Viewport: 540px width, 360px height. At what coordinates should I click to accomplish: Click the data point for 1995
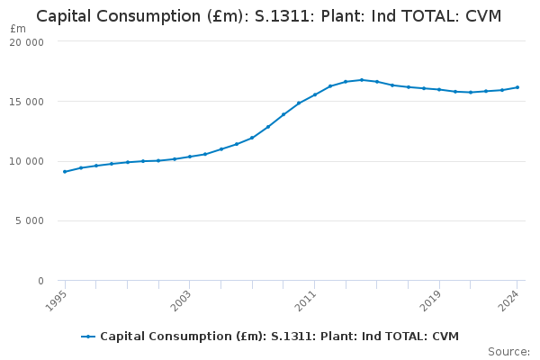pyautogui.click(x=65, y=172)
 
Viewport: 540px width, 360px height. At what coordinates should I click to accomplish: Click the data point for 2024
pyautogui.click(x=517, y=87)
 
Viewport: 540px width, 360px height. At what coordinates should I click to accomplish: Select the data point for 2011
pyautogui.click(x=315, y=94)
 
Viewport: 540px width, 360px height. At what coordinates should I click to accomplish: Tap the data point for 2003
pyautogui.click(x=190, y=157)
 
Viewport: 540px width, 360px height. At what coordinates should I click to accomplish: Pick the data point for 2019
pyautogui.click(x=439, y=90)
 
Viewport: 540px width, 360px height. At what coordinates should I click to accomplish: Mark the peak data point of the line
pyautogui.click(x=362, y=80)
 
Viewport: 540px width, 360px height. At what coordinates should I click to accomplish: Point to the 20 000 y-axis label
pyautogui.click(x=26, y=42)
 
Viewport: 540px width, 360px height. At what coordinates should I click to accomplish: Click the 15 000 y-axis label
pyautogui.click(x=26, y=102)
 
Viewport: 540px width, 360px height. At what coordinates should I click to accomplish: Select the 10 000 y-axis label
pyautogui.click(x=26, y=161)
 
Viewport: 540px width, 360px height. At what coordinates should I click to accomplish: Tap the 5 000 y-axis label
pyautogui.click(x=30, y=220)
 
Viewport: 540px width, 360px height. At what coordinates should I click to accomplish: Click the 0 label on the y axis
pyautogui.click(x=41, y=281)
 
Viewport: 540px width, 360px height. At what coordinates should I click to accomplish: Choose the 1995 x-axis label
pyautogui.click(x=56, y=301)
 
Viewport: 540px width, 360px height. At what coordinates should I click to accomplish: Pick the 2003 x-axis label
pyautogui.click(x=181, y=301)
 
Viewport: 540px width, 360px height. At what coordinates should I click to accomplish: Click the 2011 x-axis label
pyautogui.click(x=305, y=301)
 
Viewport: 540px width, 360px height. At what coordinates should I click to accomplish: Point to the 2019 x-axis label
pyautogui.click(x=430, y=301)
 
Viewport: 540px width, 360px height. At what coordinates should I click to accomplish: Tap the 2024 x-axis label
pyautogui.click(x=508, y=301)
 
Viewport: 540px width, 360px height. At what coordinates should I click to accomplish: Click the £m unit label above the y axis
pyautogui.click(x=18, y=29)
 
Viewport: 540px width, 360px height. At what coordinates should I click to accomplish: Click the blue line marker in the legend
pyautogui.click(x=88, y=337)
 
